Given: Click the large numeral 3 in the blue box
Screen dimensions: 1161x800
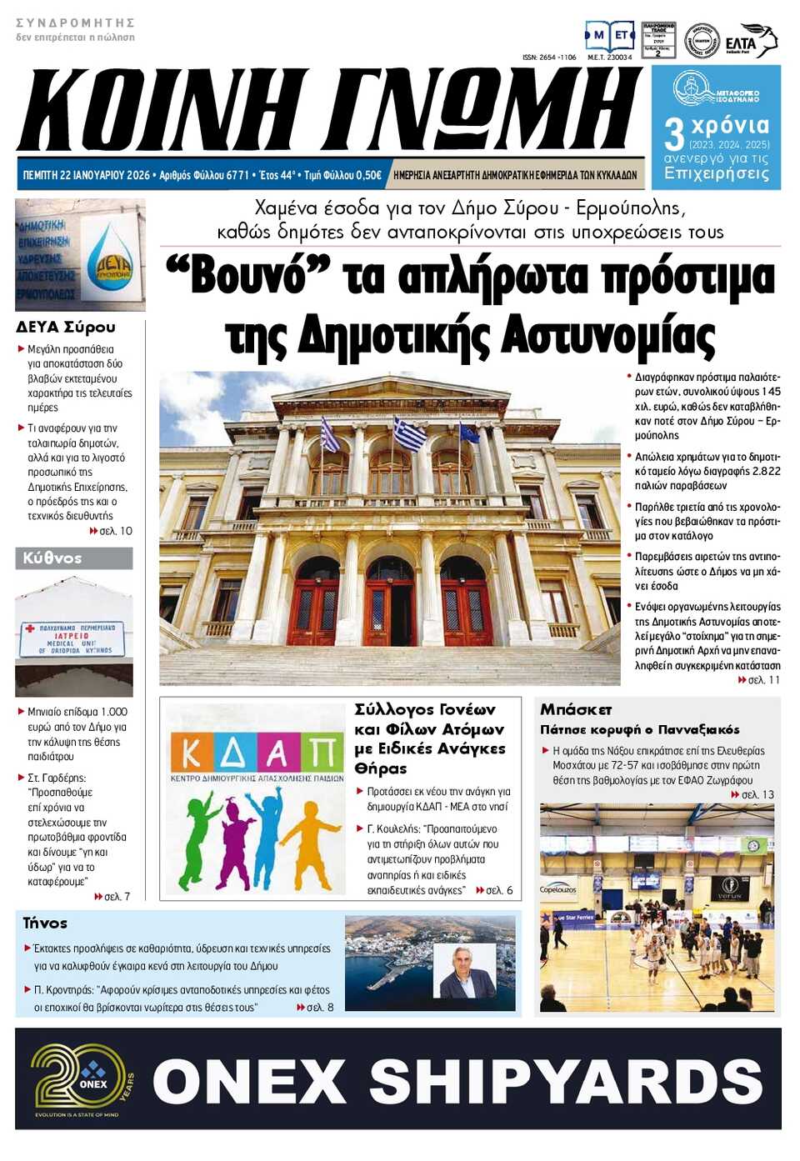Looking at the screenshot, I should (673, 134).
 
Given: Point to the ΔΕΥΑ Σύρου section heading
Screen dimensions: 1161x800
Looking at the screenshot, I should (66, 327).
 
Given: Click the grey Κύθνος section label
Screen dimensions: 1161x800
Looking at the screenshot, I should (52, 558).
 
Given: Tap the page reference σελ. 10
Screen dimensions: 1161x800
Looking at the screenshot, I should (115, 531).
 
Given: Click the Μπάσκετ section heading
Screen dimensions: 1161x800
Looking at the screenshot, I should (576, 709).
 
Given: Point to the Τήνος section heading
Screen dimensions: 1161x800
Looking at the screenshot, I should (45, 923).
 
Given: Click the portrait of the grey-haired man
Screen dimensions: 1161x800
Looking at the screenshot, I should (464, 971).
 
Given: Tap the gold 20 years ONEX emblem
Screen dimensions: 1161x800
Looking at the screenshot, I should (82, 1080).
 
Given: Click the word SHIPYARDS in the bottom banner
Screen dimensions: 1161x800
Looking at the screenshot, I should (566, 1081).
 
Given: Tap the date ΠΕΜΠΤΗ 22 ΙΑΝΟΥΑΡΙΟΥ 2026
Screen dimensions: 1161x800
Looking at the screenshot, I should (86, 175).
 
